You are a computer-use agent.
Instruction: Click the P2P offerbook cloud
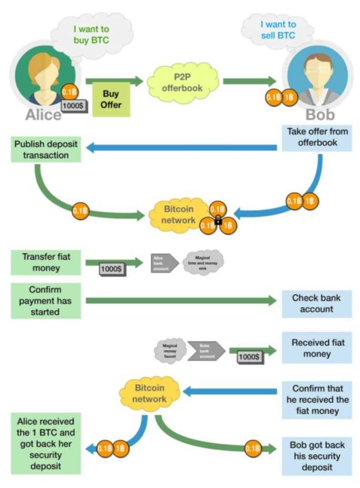183,81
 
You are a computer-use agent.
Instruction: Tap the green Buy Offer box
111,99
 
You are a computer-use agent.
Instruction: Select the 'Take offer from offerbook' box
317,137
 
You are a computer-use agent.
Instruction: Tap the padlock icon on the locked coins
218,220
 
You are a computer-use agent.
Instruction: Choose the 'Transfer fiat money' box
46,263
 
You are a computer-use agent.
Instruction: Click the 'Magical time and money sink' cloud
203,263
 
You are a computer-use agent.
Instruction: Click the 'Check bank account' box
317,304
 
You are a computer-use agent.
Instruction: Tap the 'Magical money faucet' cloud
170,350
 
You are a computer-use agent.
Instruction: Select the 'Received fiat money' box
317,348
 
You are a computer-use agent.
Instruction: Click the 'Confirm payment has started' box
46,301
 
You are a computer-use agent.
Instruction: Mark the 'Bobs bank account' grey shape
206,350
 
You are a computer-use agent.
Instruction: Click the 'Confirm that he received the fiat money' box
317,400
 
